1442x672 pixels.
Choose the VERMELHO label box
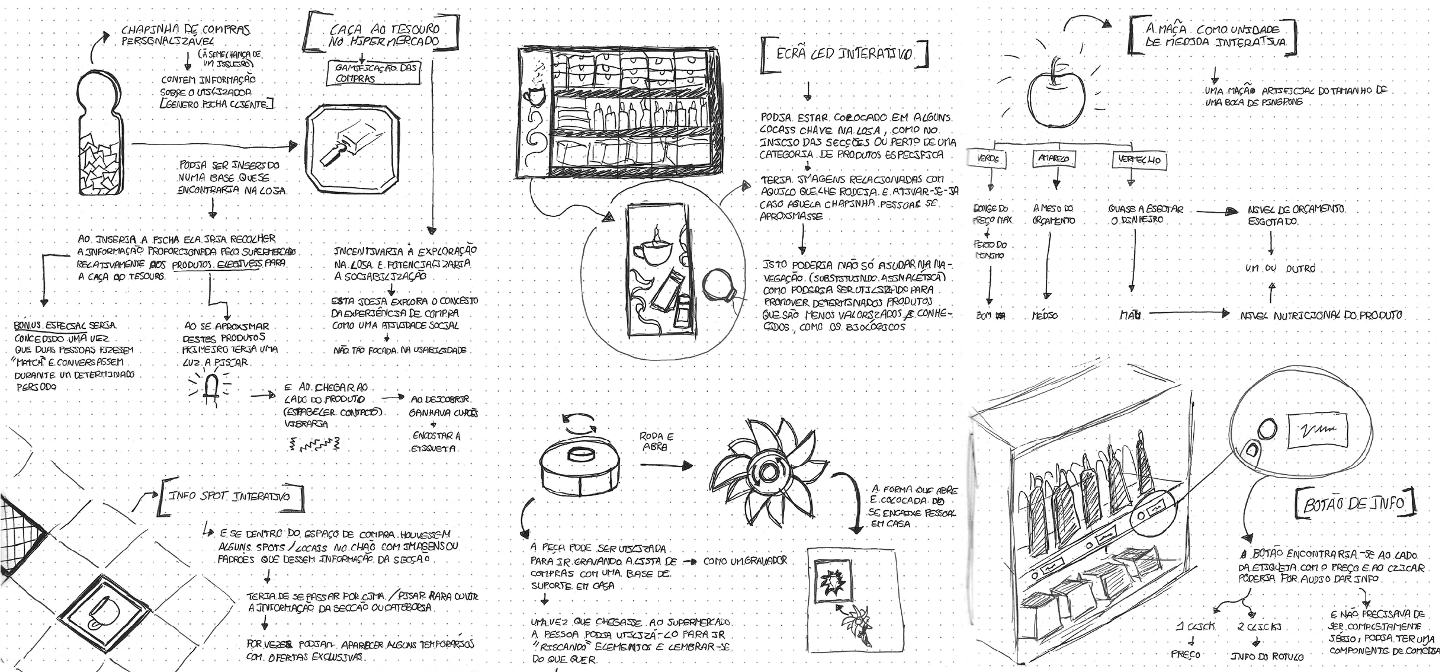(x=1138, y=159)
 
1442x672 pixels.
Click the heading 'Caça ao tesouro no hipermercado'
(x=384, y=36)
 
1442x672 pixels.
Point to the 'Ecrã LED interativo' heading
(x=844, y=55)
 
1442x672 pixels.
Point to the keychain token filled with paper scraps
(x=99, y=136)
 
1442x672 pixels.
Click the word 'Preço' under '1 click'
(x=1186, y=654)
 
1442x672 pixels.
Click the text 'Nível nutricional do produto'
(x=1321, y=315)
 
